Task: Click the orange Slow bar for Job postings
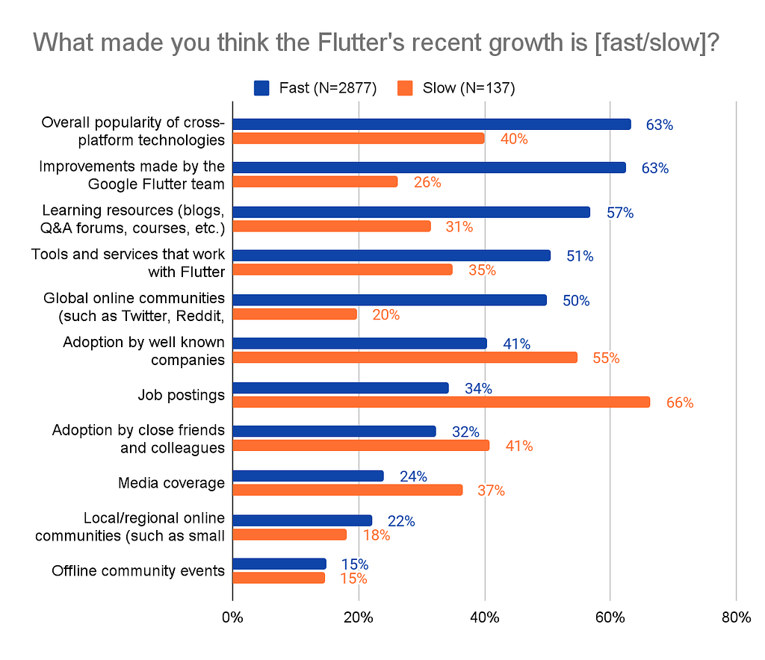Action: click(441, 402)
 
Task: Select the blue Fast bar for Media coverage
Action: click(308, 476)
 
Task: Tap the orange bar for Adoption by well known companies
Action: click(405, 358)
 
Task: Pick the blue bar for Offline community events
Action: click(279, 564)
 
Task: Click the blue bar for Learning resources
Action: click(411, 212)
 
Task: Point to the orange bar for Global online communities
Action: click(294, 314)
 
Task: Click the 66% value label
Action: click(680, 402)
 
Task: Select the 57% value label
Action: click(620, 213)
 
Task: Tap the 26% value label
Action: click(427, 182)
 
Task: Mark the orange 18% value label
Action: click(377, 535)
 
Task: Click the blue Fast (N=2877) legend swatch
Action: click(261, 88)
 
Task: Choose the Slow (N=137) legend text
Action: click(468, 88)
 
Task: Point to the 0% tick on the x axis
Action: click(232, 617)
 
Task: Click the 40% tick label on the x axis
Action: click(485, 617)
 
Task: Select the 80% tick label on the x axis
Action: click(736, 617)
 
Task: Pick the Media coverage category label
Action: click(171, 483)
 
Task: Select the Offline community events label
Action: click(138, 571)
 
